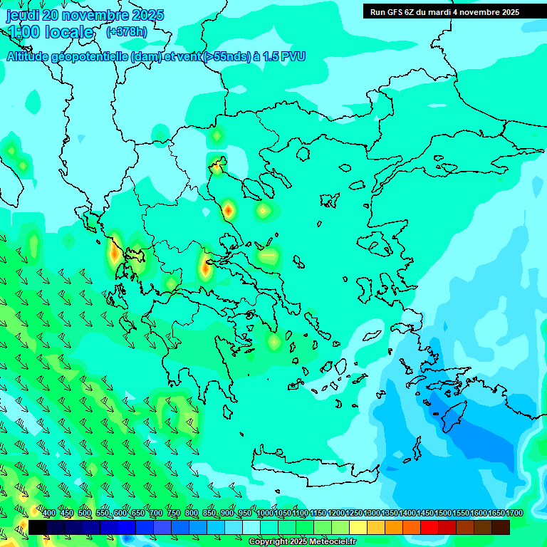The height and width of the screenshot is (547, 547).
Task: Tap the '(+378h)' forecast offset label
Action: (126, 31)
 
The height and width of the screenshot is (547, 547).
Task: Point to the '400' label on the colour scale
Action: (49, 513)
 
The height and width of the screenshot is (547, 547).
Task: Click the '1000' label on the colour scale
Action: (265, 513)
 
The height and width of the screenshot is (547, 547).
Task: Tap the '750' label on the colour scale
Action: (174, 513)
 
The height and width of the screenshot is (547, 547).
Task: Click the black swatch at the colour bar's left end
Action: (37, 527)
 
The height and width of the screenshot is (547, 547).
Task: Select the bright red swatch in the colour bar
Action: (429, 527)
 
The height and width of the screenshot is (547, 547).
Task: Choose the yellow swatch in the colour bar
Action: (358, 527)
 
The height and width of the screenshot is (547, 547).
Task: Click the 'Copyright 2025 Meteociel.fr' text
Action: (302, 542)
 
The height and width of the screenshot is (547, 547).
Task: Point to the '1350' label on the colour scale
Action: (390, 513)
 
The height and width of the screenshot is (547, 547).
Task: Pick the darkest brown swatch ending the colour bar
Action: (501, 527)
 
